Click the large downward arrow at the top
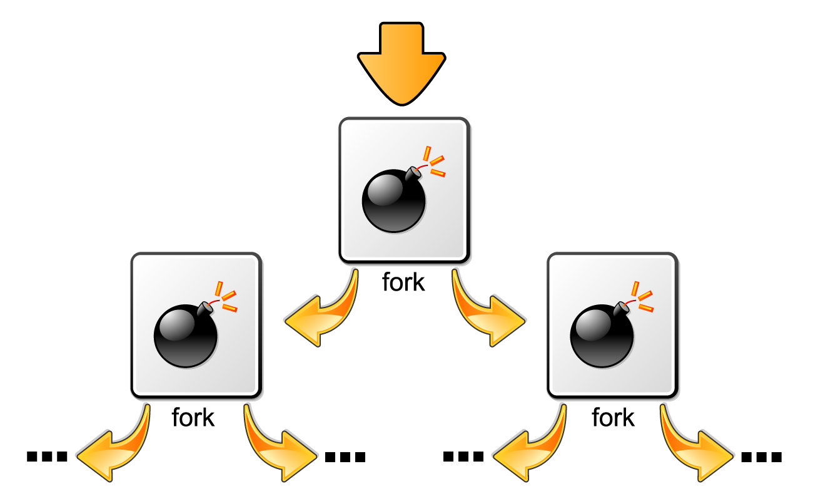[x=401, y=66]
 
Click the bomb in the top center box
[x=393, y=201]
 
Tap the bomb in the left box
[x=185, y=336]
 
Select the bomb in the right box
[x=602, y=336]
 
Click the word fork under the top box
[x=403, y=282]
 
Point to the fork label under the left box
[x=193, y=418]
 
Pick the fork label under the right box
[x=614, y=418]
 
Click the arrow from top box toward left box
[x=325, y=313]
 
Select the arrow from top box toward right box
[x=485, y=313]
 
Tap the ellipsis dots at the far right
[x=761, y=457]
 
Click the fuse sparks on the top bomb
[x=433, y=162]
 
